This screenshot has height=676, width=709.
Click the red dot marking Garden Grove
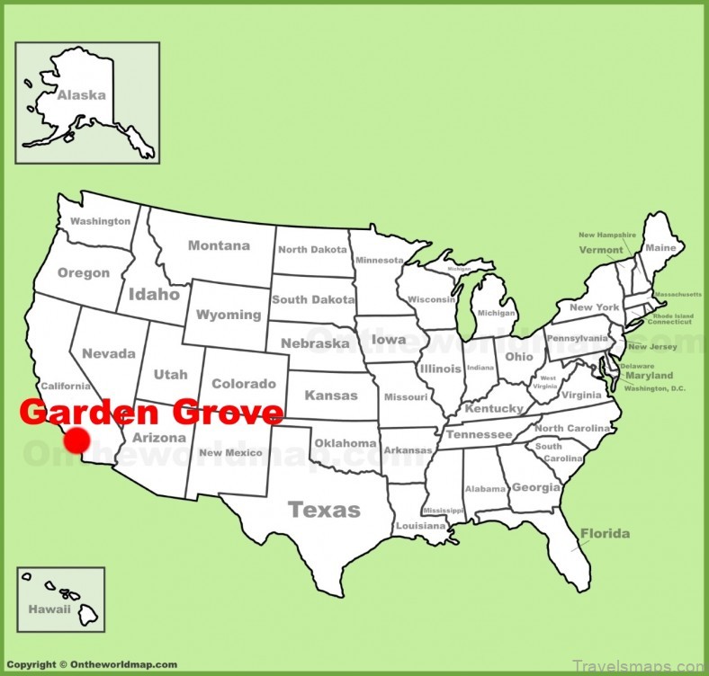76,440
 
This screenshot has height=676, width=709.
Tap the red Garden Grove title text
151,413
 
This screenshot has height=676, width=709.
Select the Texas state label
324,510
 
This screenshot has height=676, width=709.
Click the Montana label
219,245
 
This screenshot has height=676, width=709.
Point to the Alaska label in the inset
81,94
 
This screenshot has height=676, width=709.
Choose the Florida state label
605,533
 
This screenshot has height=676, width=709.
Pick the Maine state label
660,247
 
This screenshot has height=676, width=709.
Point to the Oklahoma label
345,443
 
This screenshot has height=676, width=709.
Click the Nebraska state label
314,343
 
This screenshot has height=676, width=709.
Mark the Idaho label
155,293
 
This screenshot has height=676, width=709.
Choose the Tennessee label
479,434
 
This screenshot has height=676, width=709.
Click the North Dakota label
311,250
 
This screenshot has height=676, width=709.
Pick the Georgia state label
534,487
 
